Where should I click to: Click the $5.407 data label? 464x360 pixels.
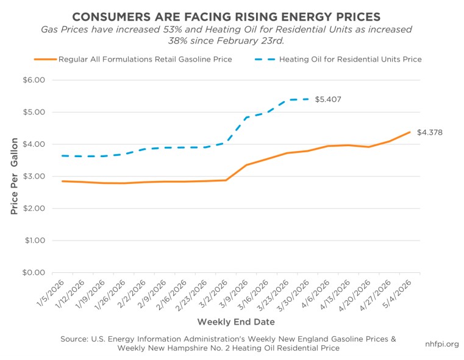(328, 99)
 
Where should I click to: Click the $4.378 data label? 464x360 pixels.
(430, 132)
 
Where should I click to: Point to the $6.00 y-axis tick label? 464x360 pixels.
(34, 80)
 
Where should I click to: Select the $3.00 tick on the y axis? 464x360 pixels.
(34, 176)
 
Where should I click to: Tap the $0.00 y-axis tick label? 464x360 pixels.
(34, 272)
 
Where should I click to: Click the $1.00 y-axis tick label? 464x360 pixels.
(35, 240)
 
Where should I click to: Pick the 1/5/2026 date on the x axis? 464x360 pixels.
(51, 293)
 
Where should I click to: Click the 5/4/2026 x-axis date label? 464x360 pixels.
(398, 294)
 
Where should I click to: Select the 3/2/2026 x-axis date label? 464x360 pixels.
(213, 294)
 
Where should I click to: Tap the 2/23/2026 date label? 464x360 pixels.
(191, 295)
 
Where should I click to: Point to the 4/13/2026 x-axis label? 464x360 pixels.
(334, 294)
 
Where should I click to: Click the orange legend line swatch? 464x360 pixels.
(45, 60)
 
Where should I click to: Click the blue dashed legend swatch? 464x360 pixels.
(265, 60)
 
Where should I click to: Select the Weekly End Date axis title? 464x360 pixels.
(236, 322)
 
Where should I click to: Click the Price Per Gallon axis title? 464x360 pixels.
(14, 176)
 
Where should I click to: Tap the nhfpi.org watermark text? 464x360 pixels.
(442, 344)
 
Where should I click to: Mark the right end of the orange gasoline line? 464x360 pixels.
(410, 132)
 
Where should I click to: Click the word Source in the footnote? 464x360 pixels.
(74, 339)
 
